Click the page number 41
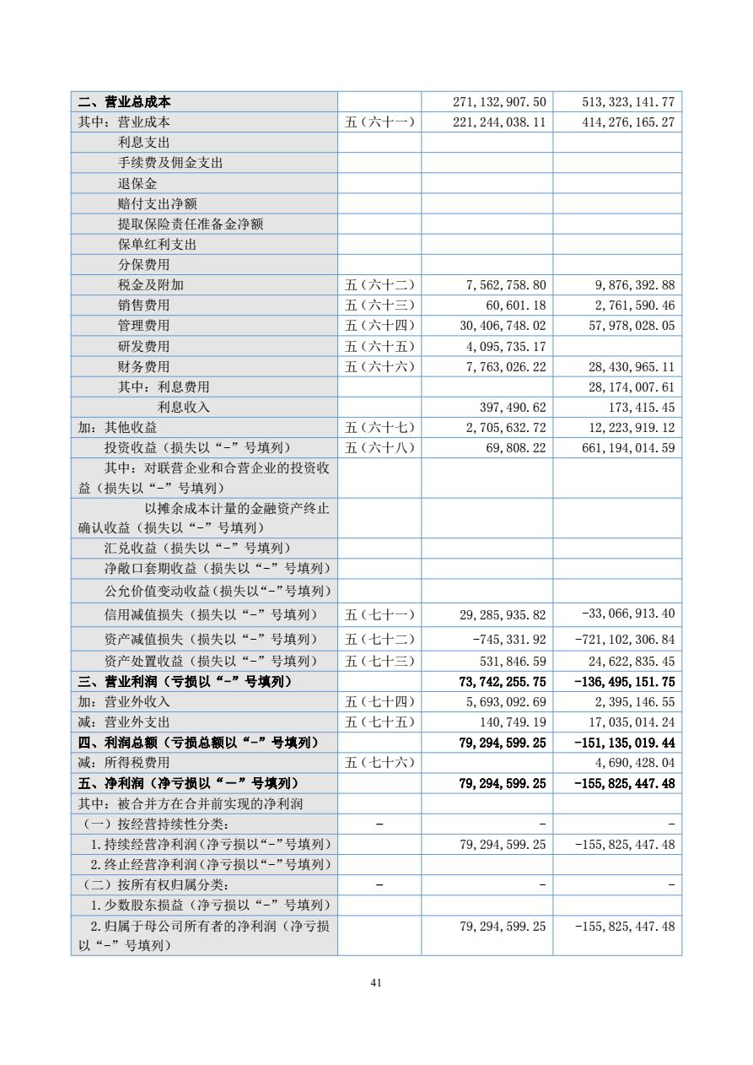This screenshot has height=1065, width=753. click(376, 982)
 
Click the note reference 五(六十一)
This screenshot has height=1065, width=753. click(379, 122)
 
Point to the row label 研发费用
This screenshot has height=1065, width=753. click(143, 346)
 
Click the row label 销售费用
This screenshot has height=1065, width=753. click(143, 305)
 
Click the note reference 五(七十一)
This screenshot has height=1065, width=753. click(379, 615)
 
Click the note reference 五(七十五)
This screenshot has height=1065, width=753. click(379, 722)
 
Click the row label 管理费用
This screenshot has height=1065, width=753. click(143, 325)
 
